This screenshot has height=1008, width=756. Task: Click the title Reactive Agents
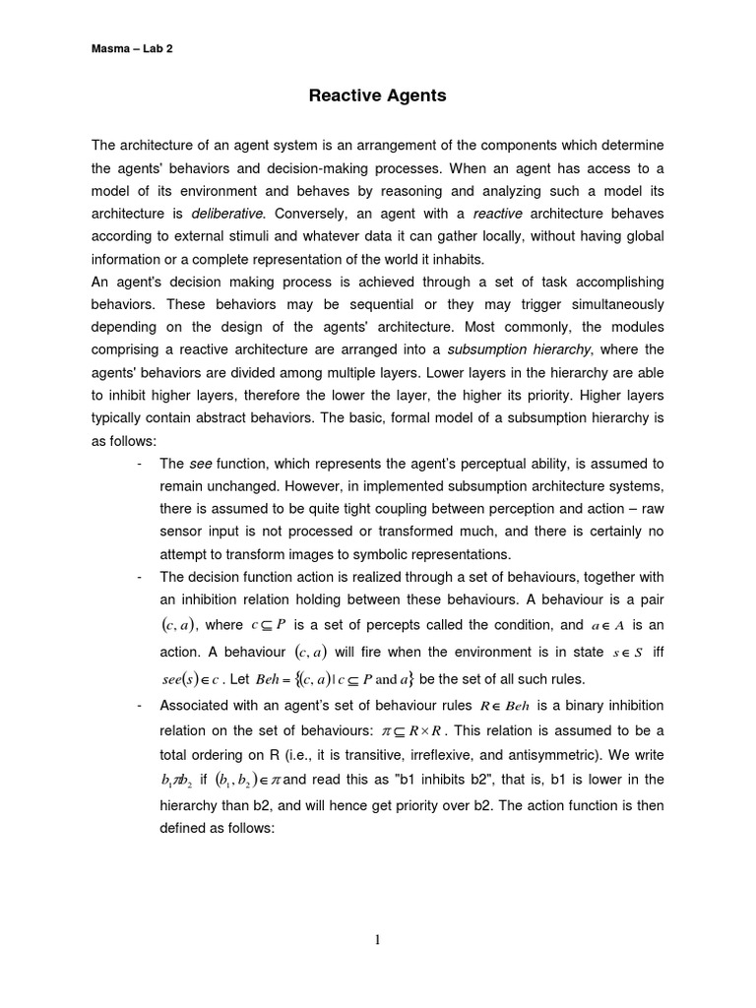pos(378,95)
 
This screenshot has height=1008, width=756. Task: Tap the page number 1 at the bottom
pos(378,941)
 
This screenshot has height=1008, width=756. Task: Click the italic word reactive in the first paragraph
pos(498,214)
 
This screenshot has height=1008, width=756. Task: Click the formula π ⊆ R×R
pos(409,730)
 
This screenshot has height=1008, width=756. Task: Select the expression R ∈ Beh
pos(504,706)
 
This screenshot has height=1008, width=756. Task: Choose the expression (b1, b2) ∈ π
pos(246,780)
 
